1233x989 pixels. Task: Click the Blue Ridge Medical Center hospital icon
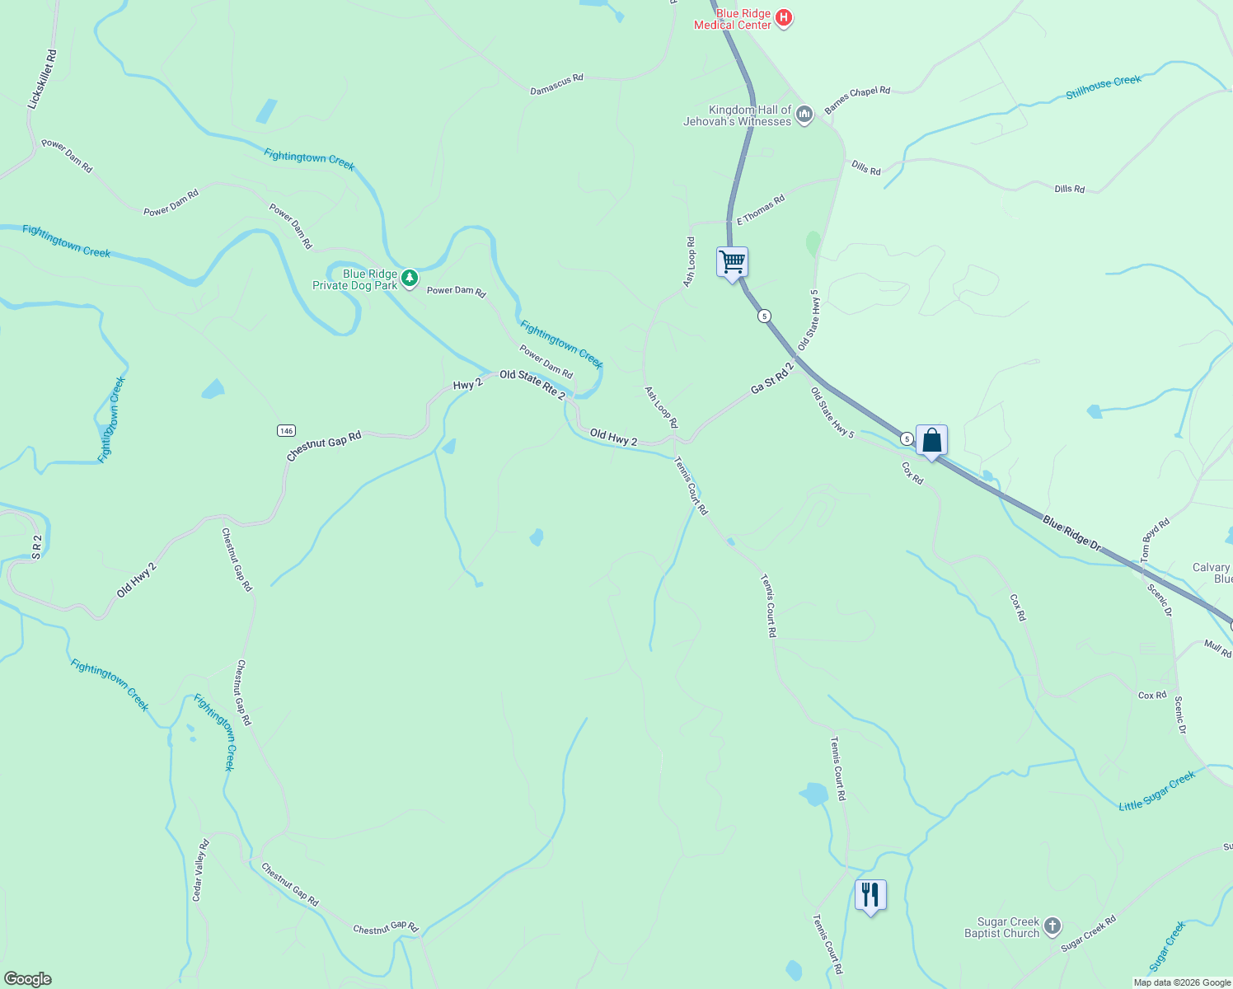(784, 18)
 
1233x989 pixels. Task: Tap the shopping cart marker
(732, 263)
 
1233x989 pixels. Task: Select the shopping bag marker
(931, 440)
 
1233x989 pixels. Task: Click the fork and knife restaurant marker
(870, 894)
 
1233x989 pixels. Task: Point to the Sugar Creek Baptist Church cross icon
(1053, 926)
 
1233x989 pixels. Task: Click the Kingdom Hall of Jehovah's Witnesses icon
(804, 114)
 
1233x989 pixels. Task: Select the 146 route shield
(286, 431)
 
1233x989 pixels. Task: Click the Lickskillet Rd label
(42, 79)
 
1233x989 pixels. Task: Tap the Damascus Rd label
(556, 84)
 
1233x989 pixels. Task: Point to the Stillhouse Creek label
(1104, 87)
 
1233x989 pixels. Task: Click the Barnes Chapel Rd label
(857, 99)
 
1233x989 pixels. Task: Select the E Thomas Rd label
(760, 210)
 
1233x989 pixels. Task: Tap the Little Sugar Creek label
(1156, 792)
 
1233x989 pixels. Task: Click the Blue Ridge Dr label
(1071, 533)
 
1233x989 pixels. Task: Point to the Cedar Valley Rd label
(201, 869)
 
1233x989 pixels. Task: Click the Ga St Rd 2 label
(771, 377)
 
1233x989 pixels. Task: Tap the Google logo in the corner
(28, 979)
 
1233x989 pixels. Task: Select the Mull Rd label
(1217, 649)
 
